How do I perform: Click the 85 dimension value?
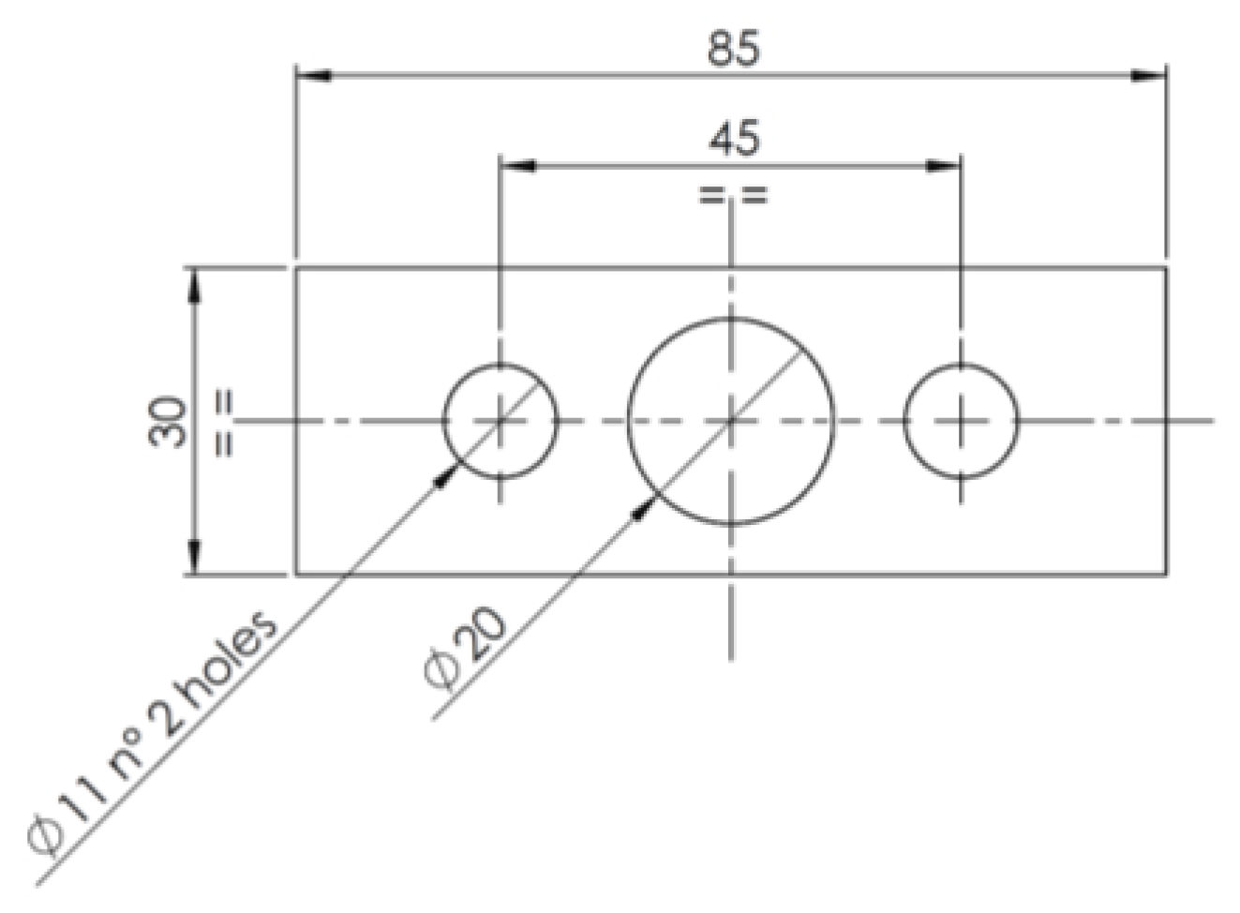[733, 48]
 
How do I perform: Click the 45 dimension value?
[734, 140]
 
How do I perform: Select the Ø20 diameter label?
[466, 650]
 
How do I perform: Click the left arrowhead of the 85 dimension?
[313, 76]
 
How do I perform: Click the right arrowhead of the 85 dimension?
[1149, 76]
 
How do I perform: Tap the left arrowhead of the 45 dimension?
[517, 166]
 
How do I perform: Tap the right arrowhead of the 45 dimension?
[943, 166]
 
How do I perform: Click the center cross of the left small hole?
[501, 421]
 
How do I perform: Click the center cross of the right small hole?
[961, 421]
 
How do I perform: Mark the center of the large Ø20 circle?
[731, 421]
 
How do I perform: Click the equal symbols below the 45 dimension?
[733, 195]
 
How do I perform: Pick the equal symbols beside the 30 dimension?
[225, 422]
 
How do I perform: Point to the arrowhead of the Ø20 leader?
[644, 508]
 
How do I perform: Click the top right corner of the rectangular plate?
[1166, 267]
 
